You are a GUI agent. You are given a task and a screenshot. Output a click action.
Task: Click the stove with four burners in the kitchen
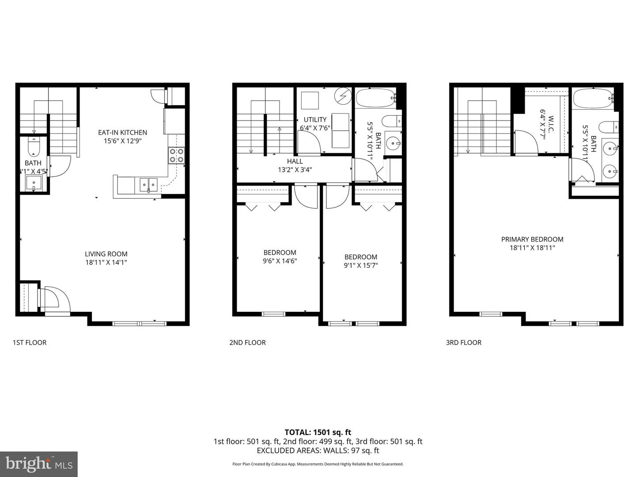tap(176, 155)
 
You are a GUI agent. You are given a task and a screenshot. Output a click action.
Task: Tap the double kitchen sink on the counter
tap(148, 184)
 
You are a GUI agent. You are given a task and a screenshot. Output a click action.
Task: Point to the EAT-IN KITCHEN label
tap(122, 132)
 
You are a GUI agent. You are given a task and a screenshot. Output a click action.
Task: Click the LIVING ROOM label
tap(106, 254)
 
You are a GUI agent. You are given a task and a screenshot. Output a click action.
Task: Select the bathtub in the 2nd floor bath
tap(375, 98)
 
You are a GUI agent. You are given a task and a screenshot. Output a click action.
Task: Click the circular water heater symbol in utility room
tap(341, 95)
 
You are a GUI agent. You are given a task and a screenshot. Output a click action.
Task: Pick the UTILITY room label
tap(315, 120)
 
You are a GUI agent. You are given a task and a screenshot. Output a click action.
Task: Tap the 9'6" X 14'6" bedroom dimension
tap(280, 261)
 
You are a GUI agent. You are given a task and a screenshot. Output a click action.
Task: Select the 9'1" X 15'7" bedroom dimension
tap(361, 265)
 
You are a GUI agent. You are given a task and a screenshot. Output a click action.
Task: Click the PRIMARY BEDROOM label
tap(532, 239)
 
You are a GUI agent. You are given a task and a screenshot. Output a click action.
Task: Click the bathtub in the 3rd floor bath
tap(592, 98)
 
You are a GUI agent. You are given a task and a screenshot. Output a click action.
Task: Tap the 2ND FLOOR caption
tap(247, 342)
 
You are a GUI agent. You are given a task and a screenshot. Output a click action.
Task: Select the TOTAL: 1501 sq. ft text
tap(318, 432)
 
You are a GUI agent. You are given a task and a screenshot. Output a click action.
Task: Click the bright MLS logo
tap(39, 464)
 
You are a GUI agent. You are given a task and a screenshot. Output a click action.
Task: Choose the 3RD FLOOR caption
tap(464, 342)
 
